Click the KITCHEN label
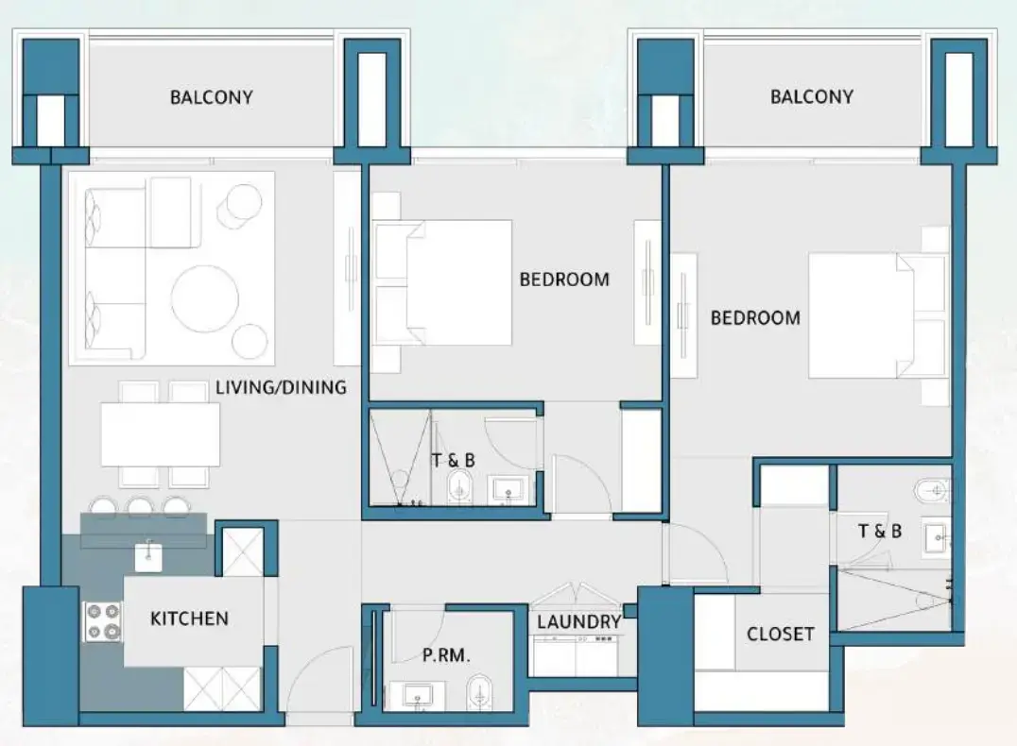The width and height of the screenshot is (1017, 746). click(189, 619)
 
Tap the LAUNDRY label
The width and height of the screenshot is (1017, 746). click(578, 621)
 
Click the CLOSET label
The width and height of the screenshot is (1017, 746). click(780, 634)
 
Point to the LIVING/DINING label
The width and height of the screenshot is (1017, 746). click(281, 387)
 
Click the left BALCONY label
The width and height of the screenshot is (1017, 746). click(211, 97)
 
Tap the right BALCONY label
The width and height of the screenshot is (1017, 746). click(811, 96)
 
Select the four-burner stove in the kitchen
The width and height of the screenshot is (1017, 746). click(104, 621)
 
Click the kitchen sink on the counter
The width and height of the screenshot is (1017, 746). click(149, 556)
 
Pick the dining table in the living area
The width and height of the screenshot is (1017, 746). click(160, 434)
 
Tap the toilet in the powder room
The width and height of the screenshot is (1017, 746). click(480, 691)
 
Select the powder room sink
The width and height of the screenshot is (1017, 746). click(417, 696)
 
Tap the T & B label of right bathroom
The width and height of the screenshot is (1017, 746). click(879, 532)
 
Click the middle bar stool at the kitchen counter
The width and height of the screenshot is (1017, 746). click(140, 508)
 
